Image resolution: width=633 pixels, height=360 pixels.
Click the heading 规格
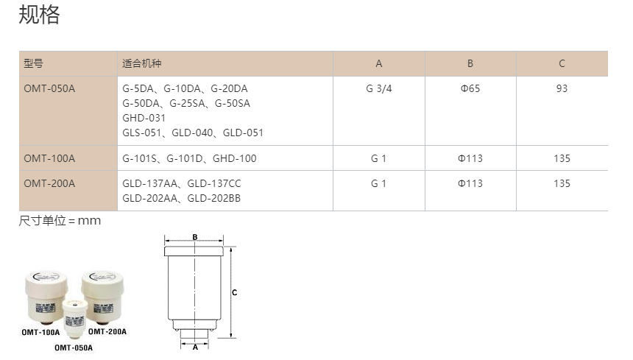(39, 15)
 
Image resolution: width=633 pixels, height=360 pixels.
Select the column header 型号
(34, 63)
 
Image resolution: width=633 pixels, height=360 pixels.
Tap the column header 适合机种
(142, 63)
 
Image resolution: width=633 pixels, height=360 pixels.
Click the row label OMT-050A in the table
(49, 88)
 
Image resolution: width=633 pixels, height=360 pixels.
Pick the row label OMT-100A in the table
(49, 158)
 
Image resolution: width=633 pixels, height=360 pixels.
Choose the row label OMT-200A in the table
(49, 183)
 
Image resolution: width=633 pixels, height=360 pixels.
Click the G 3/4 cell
(378, 88)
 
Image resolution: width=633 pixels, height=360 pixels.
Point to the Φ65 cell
(470, 88)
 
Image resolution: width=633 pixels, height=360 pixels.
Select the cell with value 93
(562, 88)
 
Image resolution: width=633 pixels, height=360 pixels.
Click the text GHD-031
(144, 118)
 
